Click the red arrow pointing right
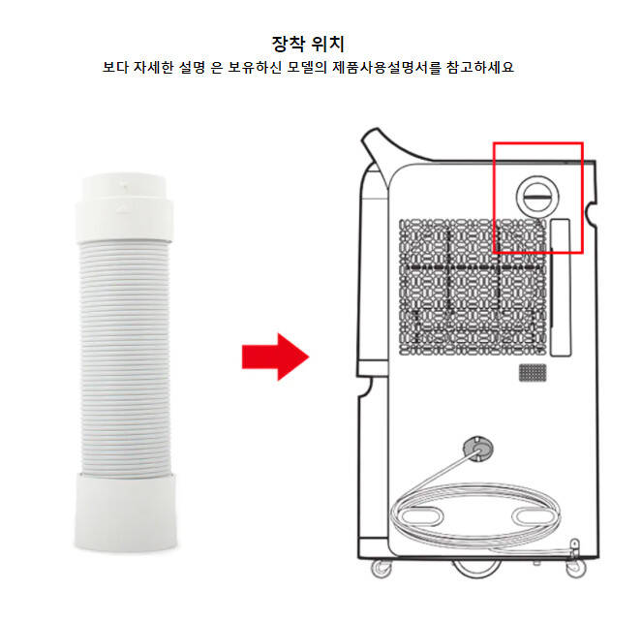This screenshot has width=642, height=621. point(275,357)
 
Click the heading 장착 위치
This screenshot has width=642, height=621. point(308,44)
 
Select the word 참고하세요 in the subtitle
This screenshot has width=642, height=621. point(480,67)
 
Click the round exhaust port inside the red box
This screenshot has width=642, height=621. point(537,196)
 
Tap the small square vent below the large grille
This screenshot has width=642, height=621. point(533,372)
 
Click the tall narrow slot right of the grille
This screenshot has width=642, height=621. point(561,287)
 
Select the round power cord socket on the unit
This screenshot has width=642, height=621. point(477,449)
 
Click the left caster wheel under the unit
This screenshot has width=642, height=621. point(382,569)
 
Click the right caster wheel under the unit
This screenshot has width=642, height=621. point(576,569)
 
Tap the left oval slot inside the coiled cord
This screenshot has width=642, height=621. point(420,515)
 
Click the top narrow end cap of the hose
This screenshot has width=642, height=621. point(125,207)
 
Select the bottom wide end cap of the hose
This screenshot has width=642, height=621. point(125,512)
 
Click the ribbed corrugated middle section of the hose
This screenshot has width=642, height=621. point(125,358)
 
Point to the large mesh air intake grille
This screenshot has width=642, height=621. point(473,287)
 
